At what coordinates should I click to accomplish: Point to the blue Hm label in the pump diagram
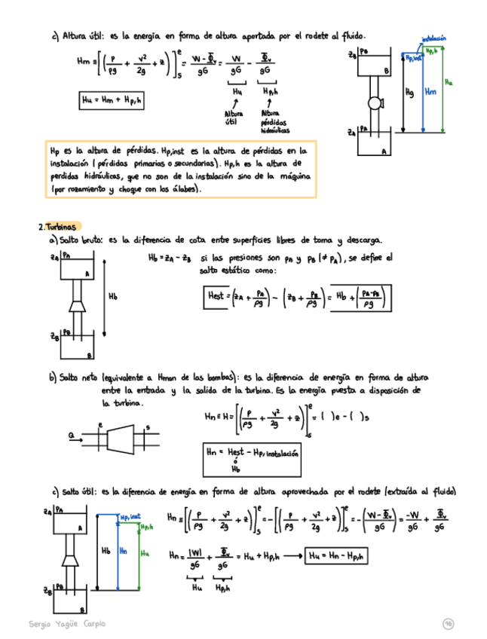click(430, 91)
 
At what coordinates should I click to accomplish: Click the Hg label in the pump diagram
click(409, 92)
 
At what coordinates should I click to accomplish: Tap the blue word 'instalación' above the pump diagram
click(434, 37)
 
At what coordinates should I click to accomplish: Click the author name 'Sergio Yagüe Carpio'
click(67, 624)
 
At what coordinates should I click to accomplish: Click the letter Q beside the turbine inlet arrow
click(71, 435)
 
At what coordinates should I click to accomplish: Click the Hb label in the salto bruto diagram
click(113, 297)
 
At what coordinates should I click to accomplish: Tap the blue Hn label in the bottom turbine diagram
click(124, 551)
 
